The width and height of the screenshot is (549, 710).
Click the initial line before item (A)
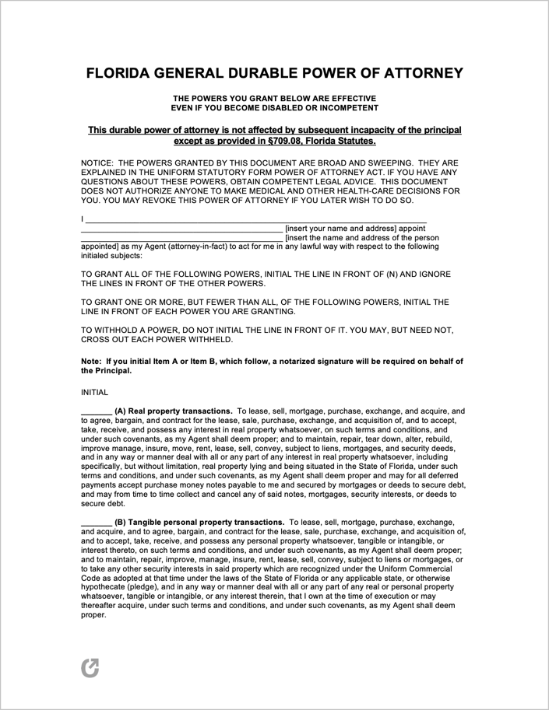[x=96, y=411]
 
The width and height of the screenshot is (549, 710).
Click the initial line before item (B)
[x=96, y=522]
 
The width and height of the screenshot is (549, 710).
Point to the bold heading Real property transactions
[x=181, y=411]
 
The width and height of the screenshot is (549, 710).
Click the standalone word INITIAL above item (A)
[x=94, y=393]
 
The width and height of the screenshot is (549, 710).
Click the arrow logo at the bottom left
[x=90, y=667]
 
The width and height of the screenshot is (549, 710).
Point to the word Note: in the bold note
[x=92, y=361]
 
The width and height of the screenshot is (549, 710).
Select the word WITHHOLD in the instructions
[x=121, y=330]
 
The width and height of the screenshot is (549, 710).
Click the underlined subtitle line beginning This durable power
[x=274, y=130]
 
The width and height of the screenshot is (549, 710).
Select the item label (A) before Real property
[x=120, y=411]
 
